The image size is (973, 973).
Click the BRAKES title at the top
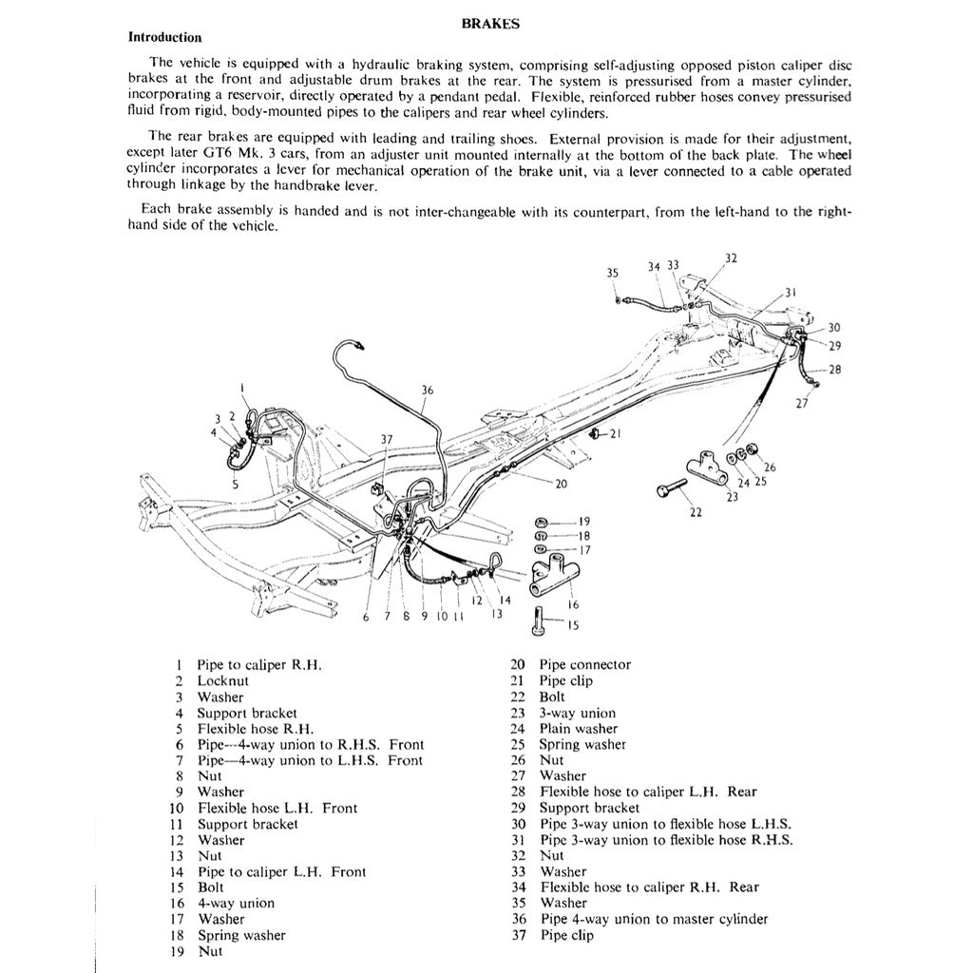pos(489,26)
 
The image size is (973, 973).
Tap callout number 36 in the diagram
pos(428,390)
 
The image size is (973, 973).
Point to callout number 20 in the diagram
pos(561,484)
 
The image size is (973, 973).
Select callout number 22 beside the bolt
pos(696,513)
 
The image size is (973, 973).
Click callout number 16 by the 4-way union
pos(574,604)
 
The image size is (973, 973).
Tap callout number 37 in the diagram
pos(386,439)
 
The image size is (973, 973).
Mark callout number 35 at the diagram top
pos(613,273)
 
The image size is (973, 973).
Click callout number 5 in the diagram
pos(234,484)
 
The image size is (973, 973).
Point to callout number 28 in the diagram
pos(835,369)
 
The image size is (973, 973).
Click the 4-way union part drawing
pos(550,577)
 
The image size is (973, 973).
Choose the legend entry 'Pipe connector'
pos(584,665)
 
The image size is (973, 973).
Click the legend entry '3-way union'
pos(577,713)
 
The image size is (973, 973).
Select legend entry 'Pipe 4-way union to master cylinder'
pos(654,919)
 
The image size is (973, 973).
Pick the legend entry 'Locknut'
pos(222,680)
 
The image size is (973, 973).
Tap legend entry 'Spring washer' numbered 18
pos(241,935)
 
